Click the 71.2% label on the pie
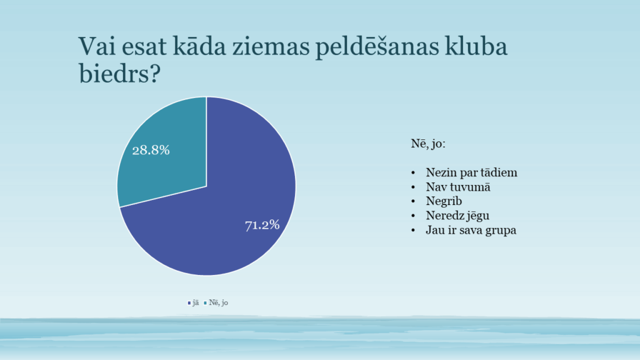(262, 225)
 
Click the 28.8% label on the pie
(151, 150)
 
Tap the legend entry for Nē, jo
(218, 302)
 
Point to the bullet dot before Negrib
(413, 201)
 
